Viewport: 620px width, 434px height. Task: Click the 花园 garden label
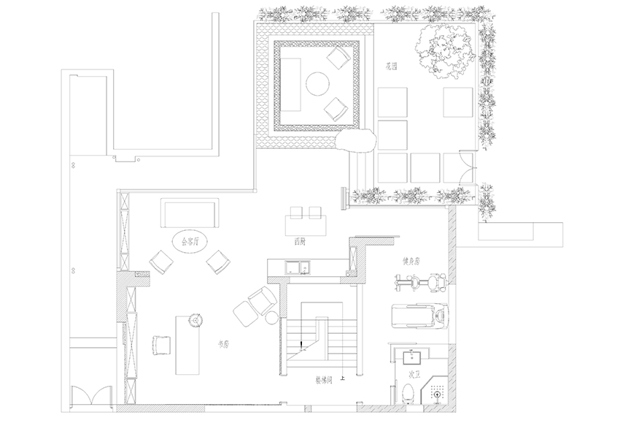point(395,66)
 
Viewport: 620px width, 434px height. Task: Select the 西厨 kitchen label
point(300,240)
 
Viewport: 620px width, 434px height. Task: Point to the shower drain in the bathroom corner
point(437,394)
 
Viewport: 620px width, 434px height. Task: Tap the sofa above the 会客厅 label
point(190,213)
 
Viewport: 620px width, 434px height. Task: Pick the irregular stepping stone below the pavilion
point(356,140)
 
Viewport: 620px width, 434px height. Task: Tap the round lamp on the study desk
point(195,319)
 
